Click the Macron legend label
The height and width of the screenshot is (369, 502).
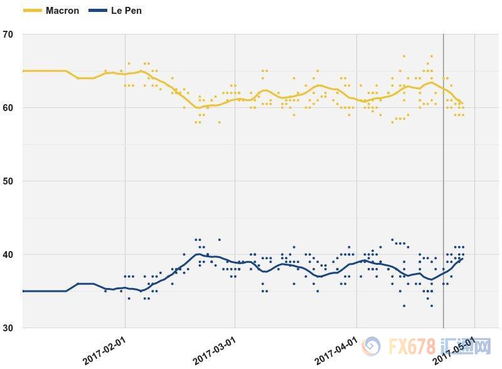click(62, 11)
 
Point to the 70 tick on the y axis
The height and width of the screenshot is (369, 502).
click(9, 35)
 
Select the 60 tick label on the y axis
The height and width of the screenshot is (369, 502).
click(9, 108)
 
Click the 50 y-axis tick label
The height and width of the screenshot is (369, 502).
click(9, 181)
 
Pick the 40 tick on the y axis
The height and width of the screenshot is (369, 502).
click(9, 255)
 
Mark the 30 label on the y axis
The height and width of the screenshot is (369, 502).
click(9, 328)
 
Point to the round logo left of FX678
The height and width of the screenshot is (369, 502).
click(371, 346)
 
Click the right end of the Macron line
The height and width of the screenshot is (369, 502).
click(462, 103)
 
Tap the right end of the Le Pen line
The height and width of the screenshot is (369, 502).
click(462, 258)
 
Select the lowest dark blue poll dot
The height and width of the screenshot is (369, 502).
click(431, 306)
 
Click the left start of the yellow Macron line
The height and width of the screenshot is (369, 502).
click(23, 71)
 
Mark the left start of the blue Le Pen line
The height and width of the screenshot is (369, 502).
click(23, 291)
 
